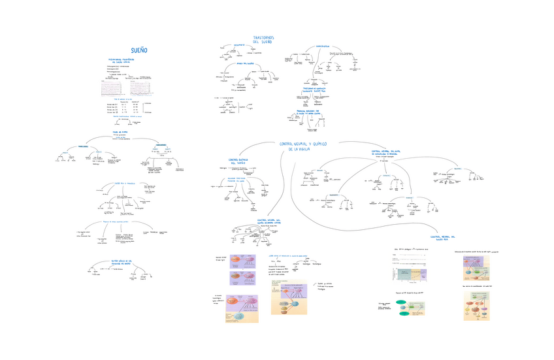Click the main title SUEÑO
[138, 50]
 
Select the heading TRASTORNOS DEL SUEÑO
[263, 40]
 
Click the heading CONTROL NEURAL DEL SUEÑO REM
[442, 238]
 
